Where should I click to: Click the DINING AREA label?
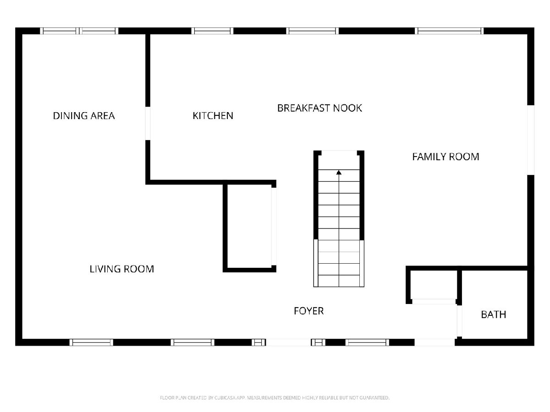[84, 116]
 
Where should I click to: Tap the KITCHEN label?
[213, 116]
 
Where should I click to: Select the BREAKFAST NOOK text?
[319, 108]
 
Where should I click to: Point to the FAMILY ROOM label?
[446, 157]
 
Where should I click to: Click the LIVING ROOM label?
[122, 269]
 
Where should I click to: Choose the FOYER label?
[309, 311]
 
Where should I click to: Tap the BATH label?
[494, 314]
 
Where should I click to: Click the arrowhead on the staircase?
[339, 173]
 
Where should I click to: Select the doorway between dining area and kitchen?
[148, 123]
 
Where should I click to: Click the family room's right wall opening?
[531, 140]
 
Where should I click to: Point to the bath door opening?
[459, 321]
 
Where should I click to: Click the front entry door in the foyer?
[288, 342]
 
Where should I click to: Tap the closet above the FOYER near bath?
[434, 285]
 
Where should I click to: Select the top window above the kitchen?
[213, 31]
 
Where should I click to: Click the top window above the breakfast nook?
[313, 31]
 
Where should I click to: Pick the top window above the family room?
[449, 31]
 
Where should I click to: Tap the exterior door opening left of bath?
[435, 342]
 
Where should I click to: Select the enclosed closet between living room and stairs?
[249, 226]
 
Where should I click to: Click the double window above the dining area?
[79, 31]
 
